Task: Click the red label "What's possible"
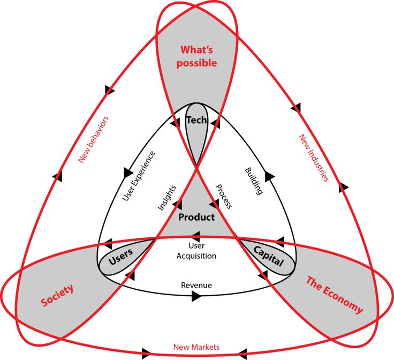[197, 56]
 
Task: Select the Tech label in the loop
[196, 121]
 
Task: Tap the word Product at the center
[196, 217]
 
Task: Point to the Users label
[120, 260]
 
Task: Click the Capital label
[268, 256]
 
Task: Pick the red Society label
[57, 295]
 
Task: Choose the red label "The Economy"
[334, 295]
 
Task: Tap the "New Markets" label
[196, 347]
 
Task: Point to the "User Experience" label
[139, 176]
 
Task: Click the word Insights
[168, 198]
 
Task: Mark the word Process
[223, 196]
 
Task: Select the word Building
[254, 181]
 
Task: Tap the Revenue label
[196, 285]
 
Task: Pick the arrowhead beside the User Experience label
[128, 172]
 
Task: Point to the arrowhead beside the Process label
[214, 204]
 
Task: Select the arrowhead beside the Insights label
[178, 204]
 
